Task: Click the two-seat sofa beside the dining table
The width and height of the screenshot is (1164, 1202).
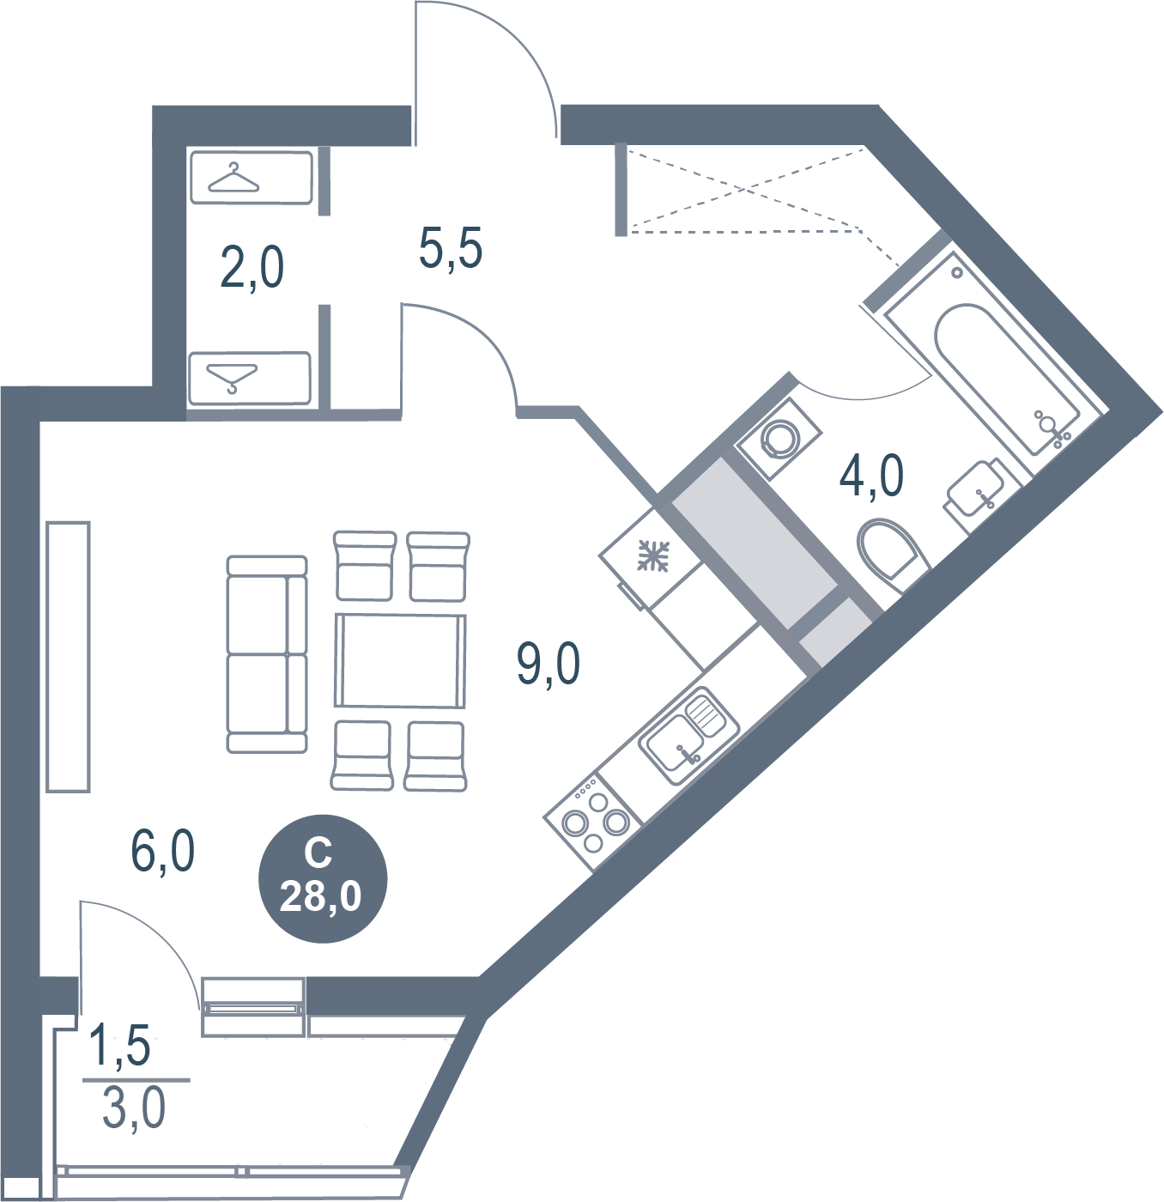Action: tap(267, 654)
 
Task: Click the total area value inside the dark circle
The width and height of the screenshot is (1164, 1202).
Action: tap(320, 897)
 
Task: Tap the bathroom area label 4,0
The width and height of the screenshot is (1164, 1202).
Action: tap(871, 475)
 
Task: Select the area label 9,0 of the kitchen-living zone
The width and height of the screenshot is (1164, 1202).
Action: tap(549, 663)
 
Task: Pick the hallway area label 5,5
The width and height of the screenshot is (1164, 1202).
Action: tap(450, 247)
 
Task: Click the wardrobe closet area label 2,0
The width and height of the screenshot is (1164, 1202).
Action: tap(252, 268)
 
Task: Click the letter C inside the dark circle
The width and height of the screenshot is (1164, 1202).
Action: tap(318, 854)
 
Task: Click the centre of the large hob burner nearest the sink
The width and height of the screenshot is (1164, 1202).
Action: tap(615, 822)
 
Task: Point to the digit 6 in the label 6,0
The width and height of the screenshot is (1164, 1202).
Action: tap(144, 851)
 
